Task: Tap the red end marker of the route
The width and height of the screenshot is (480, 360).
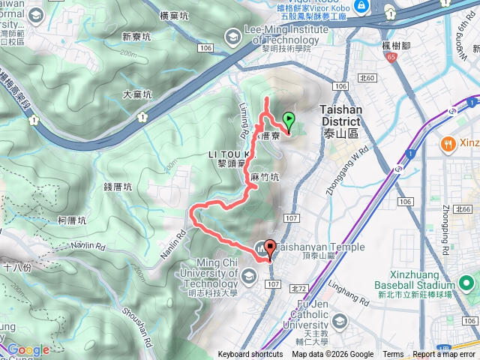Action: [269, 248]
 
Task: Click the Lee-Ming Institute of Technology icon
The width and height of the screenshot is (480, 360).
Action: [233, 34]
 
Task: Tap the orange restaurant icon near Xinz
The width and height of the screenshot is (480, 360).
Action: [448, 143]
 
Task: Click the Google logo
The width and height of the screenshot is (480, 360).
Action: [28, 349]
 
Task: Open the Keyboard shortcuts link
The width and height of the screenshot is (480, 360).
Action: [250, 355]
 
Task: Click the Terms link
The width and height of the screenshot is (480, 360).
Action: [393, 355]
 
